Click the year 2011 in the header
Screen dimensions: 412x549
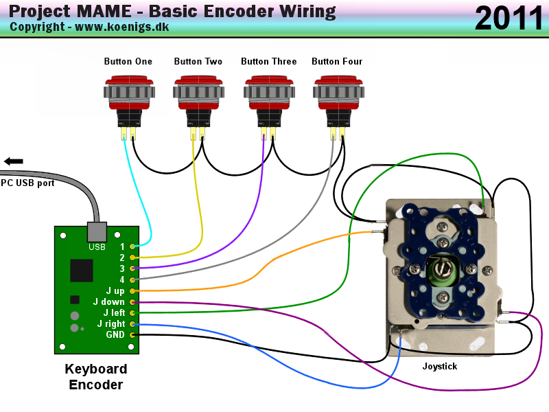pyautogui.click(x=509, y=19)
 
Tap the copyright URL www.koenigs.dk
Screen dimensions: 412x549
pyautogui.click(x=121, y=27)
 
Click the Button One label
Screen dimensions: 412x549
pyautogui.click(x=128, y=62)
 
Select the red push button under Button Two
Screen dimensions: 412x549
pyautogui.click(x=198, y=93)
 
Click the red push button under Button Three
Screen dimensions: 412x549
pyautogui.click(x=269, y=93)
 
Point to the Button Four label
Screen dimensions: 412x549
pyautogui.click(x=337, y=62)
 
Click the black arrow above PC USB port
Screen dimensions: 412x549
pyautogui.click(x=13, y=161)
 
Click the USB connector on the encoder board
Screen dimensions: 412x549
pyautogui.click(x=97, y=231)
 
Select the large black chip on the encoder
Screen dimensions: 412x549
pyautogui.click(x=82, y=270)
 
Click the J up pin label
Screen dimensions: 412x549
pyautogui.click(x=115, y=291)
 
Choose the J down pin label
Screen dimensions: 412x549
pyautogui.click(x=110, y=302)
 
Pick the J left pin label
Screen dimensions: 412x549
pyautogui.click(x=114, y=313)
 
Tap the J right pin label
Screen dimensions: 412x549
pyautogui.click(x=111, y=324)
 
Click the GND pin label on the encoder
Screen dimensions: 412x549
pyautogui.click(x=115, y=335)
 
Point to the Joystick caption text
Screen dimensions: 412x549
pyautogui.click(x=440, y=367)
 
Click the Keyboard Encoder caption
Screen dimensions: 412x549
pyautogui.click(x=96, y=377)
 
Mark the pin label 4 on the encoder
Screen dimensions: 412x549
pyautogui.click(x=122, y=280)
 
